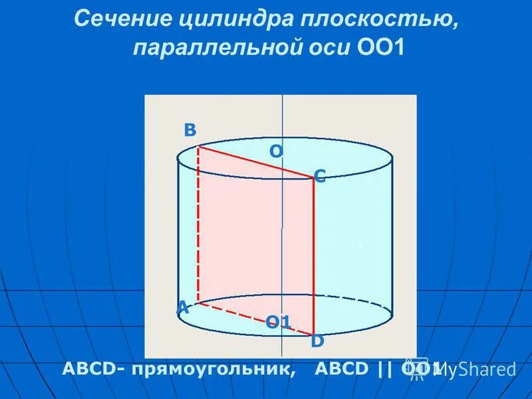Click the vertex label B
(x=190, y=130)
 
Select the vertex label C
(x=319, y=176)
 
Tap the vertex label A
(x=182, y=307)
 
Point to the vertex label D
(x=317, y=341)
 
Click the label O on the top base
(x=275, y=152)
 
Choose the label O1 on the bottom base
(x=279, y=323)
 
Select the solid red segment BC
(x=256, y=162)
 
